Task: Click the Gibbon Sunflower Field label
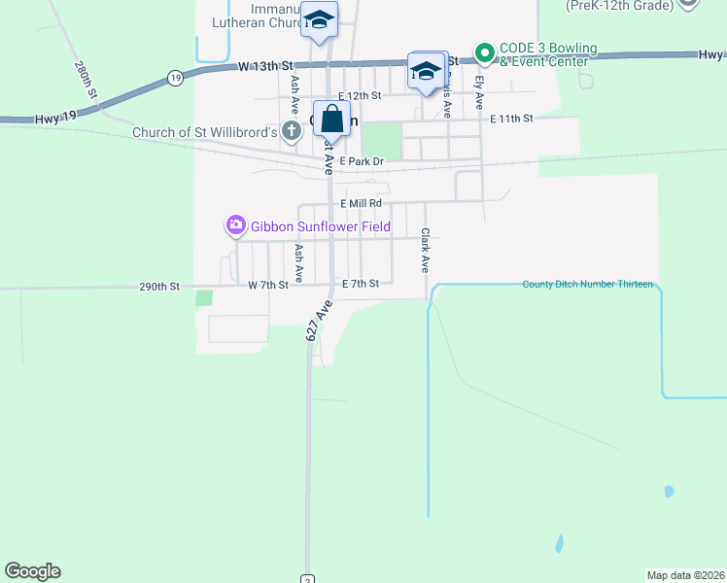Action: [x=321, y=227]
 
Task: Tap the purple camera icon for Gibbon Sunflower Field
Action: [x=236, y=226]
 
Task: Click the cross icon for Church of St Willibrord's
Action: [x=293, y=129]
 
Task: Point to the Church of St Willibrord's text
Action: [x=205, y=132]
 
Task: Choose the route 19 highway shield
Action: [x=174, y=77]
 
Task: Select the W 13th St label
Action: [x=265, y=67]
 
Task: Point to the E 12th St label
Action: [x=359, y=96]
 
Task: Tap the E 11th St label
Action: [x=512, y=119]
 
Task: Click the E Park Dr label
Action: [x=362, y=161]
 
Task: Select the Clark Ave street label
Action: [x=425, y=250]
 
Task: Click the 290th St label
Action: [x=159, y=287]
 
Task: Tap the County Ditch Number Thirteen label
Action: [x=587, y=285]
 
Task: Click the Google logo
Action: [x=32, y=571]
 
